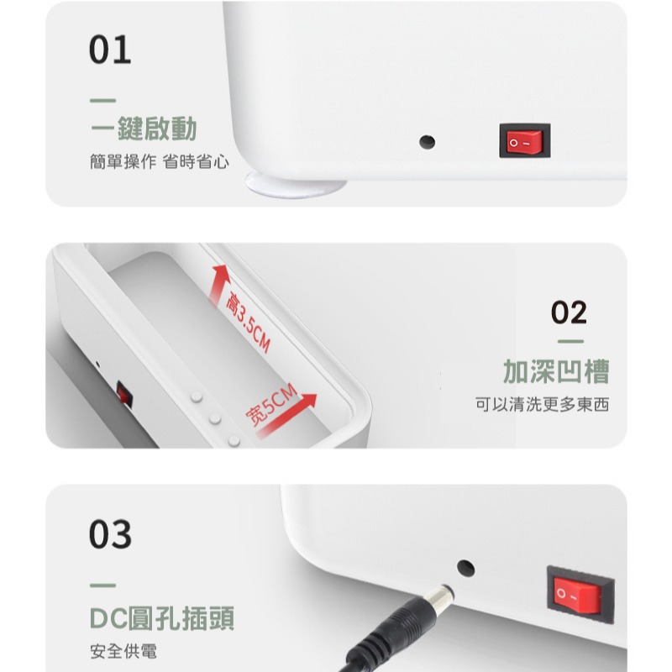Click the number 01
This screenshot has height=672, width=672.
(110, 50)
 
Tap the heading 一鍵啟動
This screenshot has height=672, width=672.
(144, 129)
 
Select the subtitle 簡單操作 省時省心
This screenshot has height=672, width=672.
(159, 162)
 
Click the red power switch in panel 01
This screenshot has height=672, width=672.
(524, 141)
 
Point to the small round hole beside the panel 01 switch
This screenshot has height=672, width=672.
(428, 141)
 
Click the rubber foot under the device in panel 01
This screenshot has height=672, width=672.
(295, 184)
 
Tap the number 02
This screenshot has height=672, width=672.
(568, 312)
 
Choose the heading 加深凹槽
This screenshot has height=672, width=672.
(555, 370)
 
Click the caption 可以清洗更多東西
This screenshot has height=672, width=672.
(541, 405)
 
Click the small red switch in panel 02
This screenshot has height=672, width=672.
(124, 393)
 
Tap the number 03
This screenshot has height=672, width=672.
(110, 534)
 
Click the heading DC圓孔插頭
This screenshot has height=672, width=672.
(161, 618)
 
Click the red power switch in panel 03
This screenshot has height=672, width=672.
(575, 595)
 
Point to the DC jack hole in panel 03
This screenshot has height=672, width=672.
(465, 568)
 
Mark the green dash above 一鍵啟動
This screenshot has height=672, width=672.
(102, 101)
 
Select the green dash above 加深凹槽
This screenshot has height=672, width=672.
(570, 342)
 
